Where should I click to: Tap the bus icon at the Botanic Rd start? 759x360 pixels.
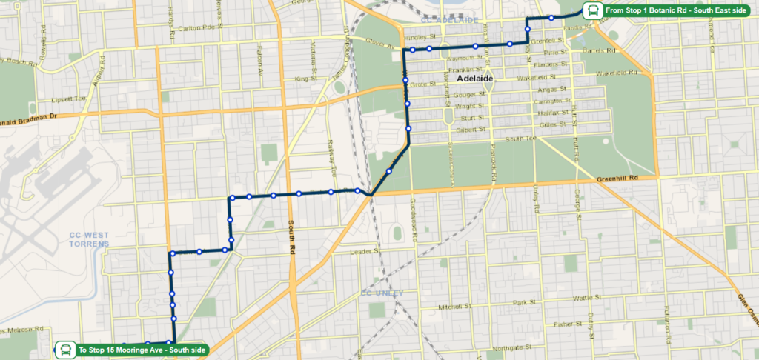592,10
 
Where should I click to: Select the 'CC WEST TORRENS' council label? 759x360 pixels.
89,239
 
